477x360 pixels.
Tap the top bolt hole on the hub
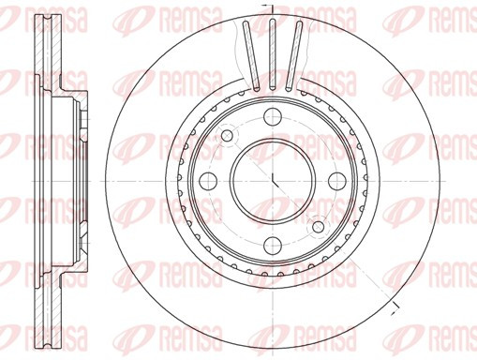coord(273,116)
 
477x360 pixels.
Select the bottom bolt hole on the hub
coord(273,246)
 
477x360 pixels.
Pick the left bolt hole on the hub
coord(208,181)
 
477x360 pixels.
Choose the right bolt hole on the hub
coord(337,181)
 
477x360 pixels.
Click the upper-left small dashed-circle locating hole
coord(227,135)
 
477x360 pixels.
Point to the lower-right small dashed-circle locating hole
coord(319,227)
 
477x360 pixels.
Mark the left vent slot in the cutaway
coord(251,55)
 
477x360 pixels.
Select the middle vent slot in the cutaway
coord(273,53)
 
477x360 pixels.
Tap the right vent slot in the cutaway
coord(294,55)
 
